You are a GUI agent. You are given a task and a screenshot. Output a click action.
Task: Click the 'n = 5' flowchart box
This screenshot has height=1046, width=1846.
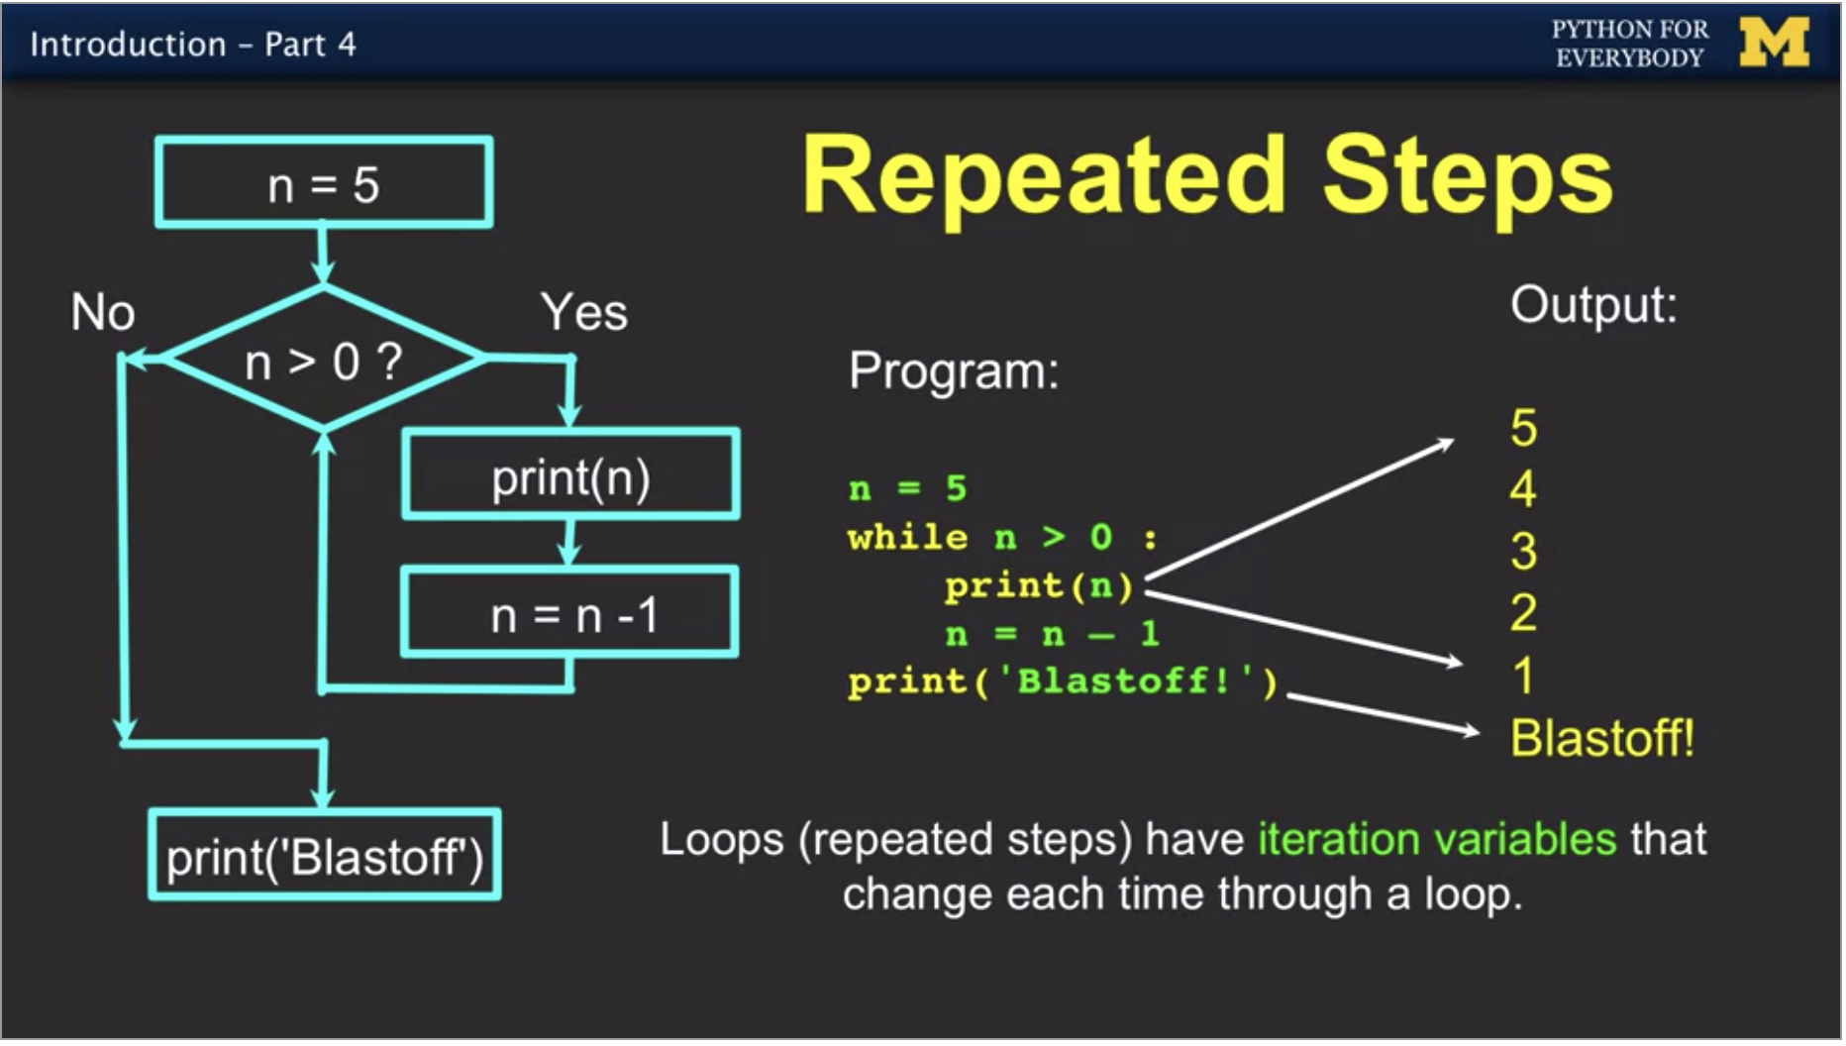[x=324, y=184]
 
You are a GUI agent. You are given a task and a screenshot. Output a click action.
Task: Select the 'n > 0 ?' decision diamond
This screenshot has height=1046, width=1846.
[x=324, y=361]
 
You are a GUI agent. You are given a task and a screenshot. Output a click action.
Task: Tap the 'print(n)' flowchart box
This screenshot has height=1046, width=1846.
[x=570, y=476]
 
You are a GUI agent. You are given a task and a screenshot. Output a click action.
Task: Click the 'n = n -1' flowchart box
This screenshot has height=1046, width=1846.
[x=570, y=614]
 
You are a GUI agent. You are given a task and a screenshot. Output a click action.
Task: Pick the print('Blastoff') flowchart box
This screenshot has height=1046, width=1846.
[x=324, y=856]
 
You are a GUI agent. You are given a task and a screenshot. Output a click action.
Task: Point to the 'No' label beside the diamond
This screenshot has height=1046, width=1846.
[x=103, y=313]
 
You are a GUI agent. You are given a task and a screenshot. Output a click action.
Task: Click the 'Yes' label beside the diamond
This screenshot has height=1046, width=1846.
[x=583, y=313]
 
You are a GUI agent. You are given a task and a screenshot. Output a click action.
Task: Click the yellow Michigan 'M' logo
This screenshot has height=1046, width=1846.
[x=1774, y=43]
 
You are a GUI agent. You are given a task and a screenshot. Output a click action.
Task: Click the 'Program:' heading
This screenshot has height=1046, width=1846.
[x=954, y=371]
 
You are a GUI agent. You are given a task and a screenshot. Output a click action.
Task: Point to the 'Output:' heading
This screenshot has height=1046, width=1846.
[x=1593, y=305]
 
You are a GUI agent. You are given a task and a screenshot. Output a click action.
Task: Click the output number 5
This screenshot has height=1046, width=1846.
[x=1523, y=429]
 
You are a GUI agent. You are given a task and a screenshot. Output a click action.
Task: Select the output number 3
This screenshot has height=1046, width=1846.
[x=1523, y=552]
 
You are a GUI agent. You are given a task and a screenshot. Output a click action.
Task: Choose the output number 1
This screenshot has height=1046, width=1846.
[x=1523, y=676]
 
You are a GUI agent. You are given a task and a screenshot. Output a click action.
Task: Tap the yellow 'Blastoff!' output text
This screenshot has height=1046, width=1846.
[x=1601, y=738]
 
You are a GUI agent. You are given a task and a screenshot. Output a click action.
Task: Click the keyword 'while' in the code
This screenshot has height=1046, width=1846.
[x=907, y=538]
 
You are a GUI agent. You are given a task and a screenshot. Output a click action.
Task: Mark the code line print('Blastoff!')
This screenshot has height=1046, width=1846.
[x=1063, y=681]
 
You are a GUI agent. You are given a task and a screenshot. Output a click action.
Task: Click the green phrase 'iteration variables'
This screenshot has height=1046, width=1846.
[x=1437, y=840]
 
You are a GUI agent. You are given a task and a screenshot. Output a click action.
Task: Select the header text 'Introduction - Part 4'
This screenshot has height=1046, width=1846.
[x=193, y=45]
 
